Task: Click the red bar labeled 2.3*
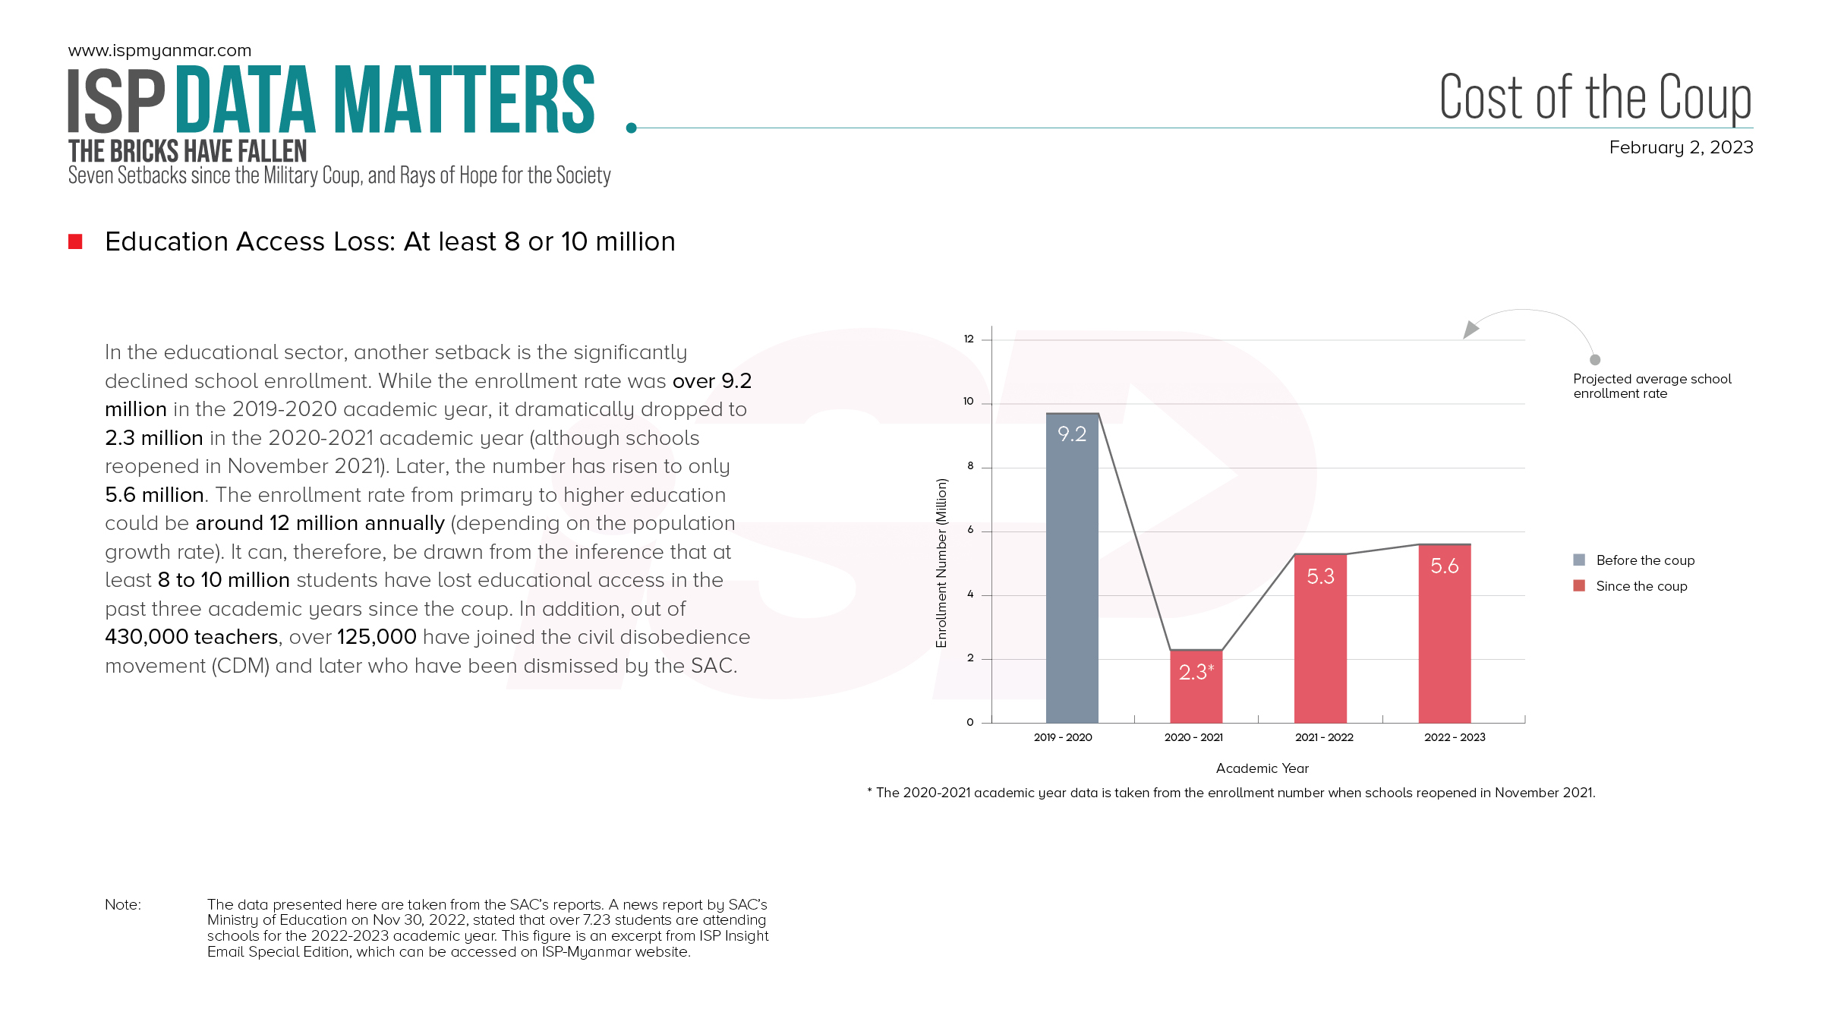[x=1196, y=686]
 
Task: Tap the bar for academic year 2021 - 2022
[x=1320, y=639]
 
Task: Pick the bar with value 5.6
[x=1444, y=633]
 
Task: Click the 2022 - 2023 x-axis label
[x=1455, y=737]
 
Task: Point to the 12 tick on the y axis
[x=969, y=339]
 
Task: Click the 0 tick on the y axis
[x=969, y=722]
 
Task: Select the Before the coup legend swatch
[x=1579, y=560]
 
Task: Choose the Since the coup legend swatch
[x=1579, y=585]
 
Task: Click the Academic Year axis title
[x=1262, y=768]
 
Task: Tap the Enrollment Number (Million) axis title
[x=941, y=563]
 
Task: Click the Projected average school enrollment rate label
[x=1651, y=386]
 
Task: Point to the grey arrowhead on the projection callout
[x=1471, y=330]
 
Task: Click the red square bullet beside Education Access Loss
[x=75, y=241]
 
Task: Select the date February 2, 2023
[x=1681, y=147]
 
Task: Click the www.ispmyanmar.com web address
[x=159, y=51]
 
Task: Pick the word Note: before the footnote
[x=123, y=904]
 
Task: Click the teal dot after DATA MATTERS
[x=631, y=128]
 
